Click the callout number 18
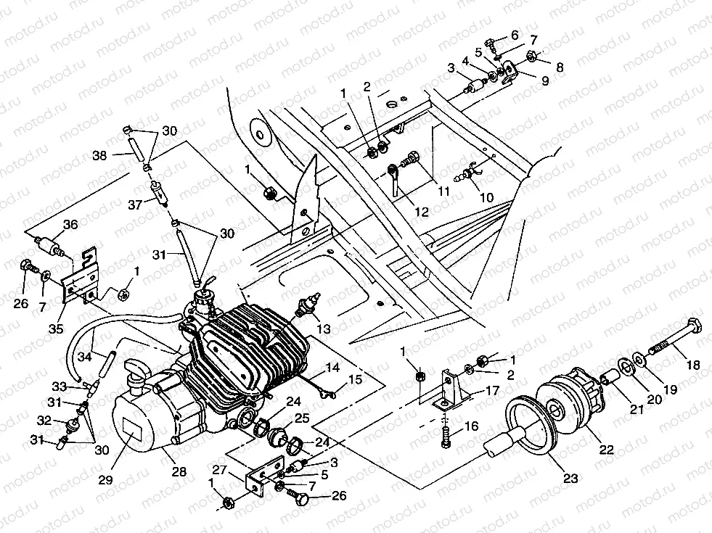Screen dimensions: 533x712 coord(693,365)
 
